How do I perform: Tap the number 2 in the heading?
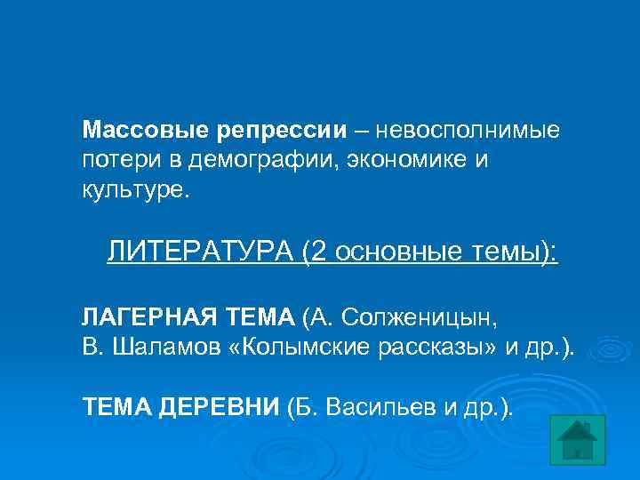319,252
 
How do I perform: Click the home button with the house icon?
578,438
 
